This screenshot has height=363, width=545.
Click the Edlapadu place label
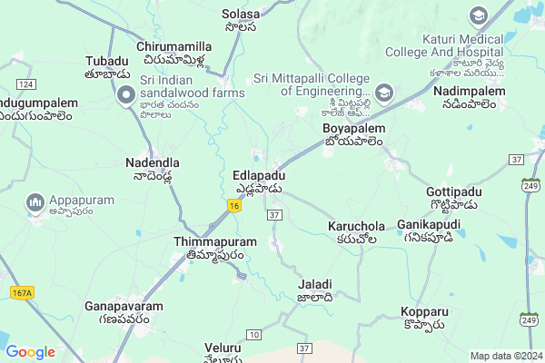point(259,175)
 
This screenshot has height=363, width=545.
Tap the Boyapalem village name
point(354,129)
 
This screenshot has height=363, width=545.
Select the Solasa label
point(240,15)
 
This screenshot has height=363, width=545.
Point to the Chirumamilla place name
point(173,46)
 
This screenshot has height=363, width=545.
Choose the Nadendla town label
point(152,162)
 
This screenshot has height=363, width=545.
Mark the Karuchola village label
point(356,226)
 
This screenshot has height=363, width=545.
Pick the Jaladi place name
point(315,284)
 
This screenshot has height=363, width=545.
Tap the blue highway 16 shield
point(235,207)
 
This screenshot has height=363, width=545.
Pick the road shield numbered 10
point(253,336)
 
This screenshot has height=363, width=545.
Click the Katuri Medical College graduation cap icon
point(478,16)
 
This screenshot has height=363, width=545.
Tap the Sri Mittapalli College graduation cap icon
point(384,92)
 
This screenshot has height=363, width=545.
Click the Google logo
point(30,352)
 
